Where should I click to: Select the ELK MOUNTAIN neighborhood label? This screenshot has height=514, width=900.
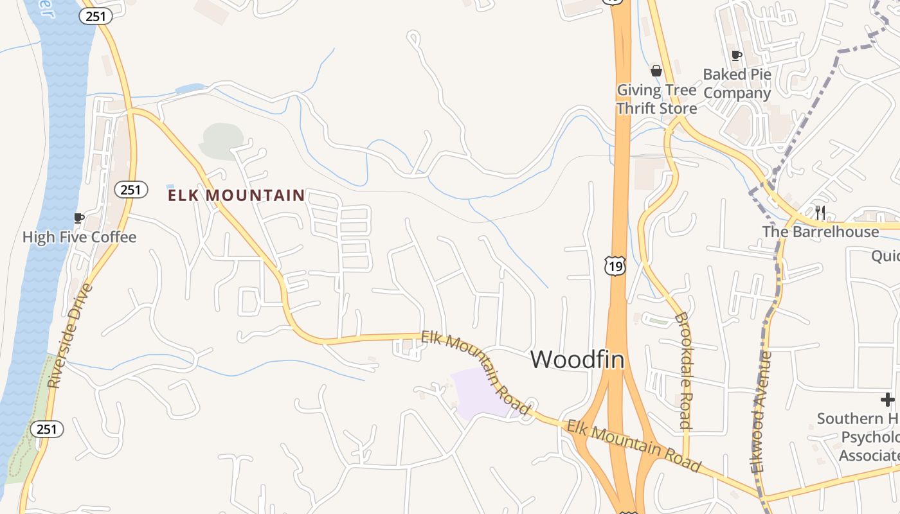point(237,195)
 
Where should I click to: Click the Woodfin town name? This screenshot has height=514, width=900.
point(577,360)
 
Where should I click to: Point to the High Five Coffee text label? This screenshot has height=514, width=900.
point(79,237)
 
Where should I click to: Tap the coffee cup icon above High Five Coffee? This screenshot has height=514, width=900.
point(78,218)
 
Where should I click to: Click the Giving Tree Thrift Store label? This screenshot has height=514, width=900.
point(656,99)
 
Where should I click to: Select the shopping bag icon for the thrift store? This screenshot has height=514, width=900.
point(656,70)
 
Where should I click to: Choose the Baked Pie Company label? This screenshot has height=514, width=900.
point(737,84)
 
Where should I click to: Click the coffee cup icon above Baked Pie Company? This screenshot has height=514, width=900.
point(737,56)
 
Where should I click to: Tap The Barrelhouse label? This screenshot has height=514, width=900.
point(820,232)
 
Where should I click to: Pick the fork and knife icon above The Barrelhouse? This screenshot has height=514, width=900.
point(820,213)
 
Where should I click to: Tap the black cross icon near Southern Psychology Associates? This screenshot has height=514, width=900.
point(888,400)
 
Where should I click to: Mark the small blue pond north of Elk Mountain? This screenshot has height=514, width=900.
point(190,89)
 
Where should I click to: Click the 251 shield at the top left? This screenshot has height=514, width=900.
point(96,16)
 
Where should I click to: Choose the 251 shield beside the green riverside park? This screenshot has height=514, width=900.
point(46,429)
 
